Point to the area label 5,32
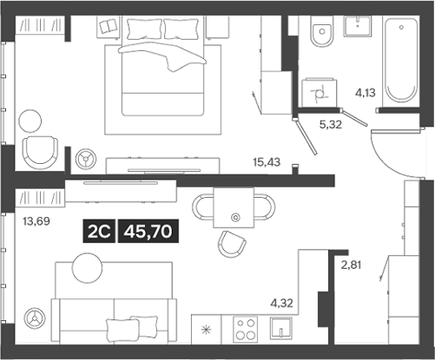coord(331,125)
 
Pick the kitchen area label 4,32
coord(281,304)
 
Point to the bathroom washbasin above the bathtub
coord(359,27)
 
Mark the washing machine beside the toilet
coord(316,90)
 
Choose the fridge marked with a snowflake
coord(206,331)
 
